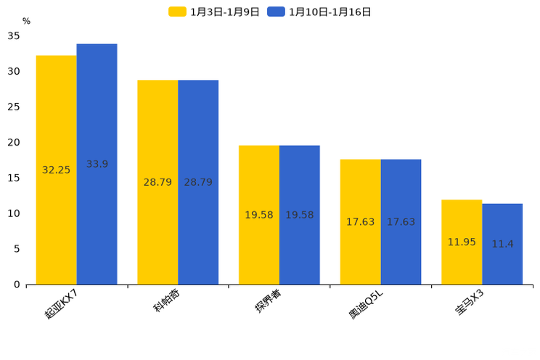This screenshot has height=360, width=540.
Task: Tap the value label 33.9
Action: click(97, 165)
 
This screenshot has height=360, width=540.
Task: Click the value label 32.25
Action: click(57, 171)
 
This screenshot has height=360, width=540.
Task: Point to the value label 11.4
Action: click(502, 245)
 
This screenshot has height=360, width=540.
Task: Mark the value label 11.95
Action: click(462, 242)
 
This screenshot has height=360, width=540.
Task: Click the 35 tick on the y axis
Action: click(14, 36)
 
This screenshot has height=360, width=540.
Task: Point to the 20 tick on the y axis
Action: click(14, 143)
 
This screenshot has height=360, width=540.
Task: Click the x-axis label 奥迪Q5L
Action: click(366, 303)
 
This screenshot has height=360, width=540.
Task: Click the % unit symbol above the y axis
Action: click(26, 22)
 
